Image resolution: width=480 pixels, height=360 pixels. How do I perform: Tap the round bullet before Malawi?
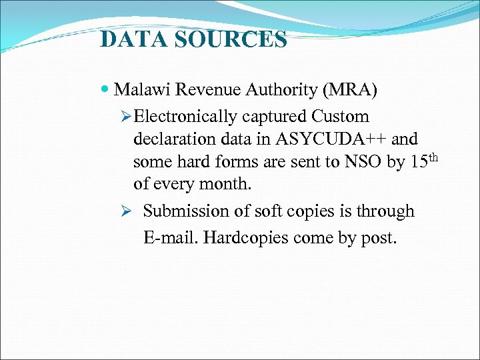click(107, 89)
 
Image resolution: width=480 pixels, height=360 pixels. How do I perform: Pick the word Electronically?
click(185, 117)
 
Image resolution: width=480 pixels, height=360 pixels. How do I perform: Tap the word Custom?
click(339, 117)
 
